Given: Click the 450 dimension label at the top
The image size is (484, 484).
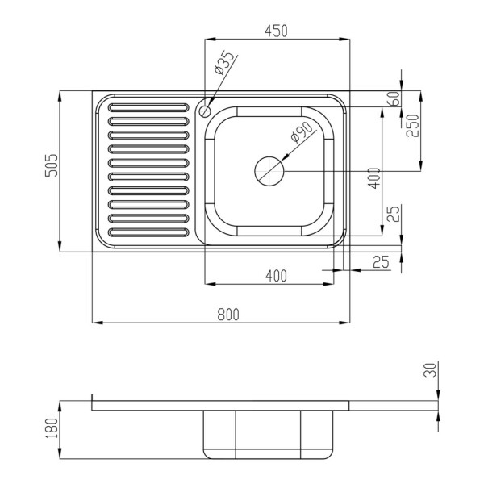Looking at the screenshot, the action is point(276,31).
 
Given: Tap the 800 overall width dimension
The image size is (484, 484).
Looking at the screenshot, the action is point(228,315).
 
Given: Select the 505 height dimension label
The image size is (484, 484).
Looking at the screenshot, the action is point(52,165).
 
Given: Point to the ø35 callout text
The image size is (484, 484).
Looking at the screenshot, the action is point(224,63).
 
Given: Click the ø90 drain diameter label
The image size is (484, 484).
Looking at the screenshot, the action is point(302,132).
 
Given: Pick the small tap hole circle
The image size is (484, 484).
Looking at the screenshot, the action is point(205,111).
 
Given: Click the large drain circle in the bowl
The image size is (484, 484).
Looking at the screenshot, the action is point(269,171).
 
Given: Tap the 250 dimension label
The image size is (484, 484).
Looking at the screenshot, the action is point(412,126).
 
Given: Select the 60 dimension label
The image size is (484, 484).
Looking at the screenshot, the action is point(395,98).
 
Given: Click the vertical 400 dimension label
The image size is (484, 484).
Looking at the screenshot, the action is point(374,178).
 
